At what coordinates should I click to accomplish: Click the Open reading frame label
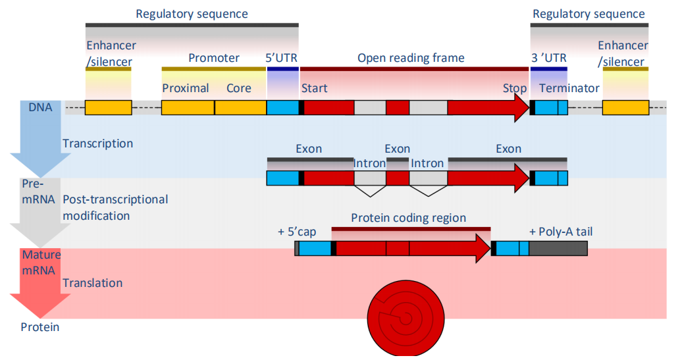[411, 58]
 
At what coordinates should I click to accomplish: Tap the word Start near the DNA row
[314, 88]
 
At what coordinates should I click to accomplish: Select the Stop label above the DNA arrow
[514, 88]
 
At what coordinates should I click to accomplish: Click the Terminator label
[569, 88]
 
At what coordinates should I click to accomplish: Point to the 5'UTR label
[282, 58]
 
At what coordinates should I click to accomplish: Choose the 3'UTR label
[548, 58]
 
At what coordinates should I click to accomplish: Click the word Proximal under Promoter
[185, 88]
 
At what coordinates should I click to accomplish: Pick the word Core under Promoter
[238, 88]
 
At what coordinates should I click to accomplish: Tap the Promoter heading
[214, 58]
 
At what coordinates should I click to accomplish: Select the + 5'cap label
[298, 232]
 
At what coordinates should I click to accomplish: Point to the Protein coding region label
[408, 218]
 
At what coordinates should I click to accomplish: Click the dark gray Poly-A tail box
[558, 248]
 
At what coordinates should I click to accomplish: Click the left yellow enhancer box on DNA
[108, 108]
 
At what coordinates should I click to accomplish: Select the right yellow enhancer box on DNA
[625, 108]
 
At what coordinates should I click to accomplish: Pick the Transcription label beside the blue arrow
[97, 143]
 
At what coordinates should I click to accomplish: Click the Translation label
[92, 283]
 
